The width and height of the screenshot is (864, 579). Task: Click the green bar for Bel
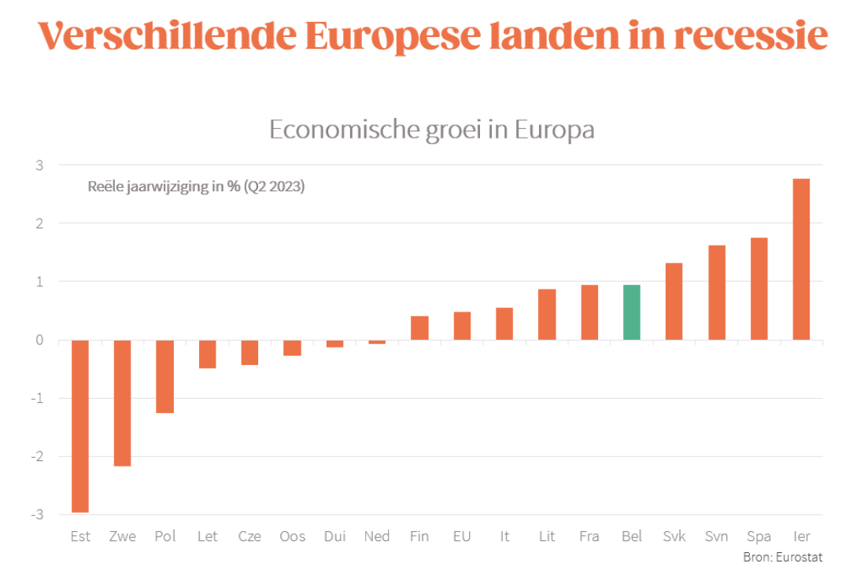[631, 312]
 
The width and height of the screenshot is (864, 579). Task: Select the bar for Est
[79, 426]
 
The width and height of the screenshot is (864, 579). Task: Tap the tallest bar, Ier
[801, 259]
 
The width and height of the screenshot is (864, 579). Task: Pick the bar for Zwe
[122, 403]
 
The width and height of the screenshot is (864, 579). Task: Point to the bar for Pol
[164, 376]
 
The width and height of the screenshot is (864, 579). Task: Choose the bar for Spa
[759, 289]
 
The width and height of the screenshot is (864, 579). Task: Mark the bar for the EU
[462, 326]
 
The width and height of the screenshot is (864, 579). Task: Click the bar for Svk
[674, 301]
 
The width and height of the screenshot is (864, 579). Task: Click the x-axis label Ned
[377, 537]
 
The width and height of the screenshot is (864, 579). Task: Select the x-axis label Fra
[589, 537]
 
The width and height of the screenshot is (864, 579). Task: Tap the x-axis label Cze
[249, 537]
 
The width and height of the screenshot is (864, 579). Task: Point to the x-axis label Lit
[547, 537]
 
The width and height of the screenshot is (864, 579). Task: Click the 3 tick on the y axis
[39, 165]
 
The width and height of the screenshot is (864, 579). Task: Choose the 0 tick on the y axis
[39, 340]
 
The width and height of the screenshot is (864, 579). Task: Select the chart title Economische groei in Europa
[431, 129]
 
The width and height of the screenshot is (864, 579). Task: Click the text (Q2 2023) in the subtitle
[274, 187]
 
